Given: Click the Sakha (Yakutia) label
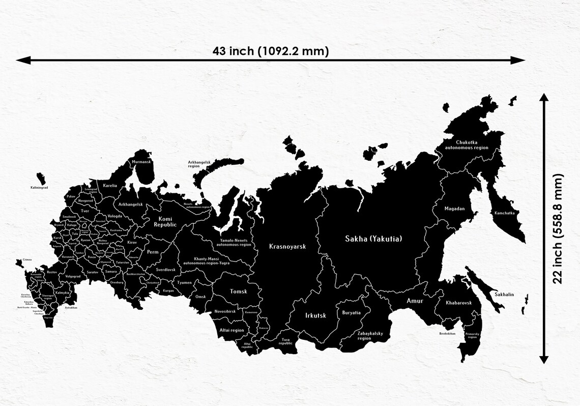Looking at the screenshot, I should click(377, 238).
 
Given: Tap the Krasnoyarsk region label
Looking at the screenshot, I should click(287, 246).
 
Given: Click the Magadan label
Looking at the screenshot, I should click(454, 209).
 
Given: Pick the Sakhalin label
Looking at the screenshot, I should click(504, 295).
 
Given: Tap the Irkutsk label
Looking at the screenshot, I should click(315, 315).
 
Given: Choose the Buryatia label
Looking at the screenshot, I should click(351, 312).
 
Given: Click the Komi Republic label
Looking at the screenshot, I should click(165, 221).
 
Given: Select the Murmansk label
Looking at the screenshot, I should click(141, 162).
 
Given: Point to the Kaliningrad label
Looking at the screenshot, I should click(39, 188).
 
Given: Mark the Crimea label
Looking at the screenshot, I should click(27, 259).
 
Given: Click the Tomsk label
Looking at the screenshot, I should click(238, 292).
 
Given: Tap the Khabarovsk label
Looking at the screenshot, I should click(459, 303).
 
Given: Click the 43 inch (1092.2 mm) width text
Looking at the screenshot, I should click(271, 51).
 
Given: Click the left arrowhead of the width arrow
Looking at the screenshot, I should click(20, 60).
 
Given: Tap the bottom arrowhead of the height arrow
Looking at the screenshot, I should click(544, 360).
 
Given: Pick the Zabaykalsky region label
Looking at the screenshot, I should click(371, 336).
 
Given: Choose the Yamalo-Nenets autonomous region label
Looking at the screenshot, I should click(234, 242).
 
